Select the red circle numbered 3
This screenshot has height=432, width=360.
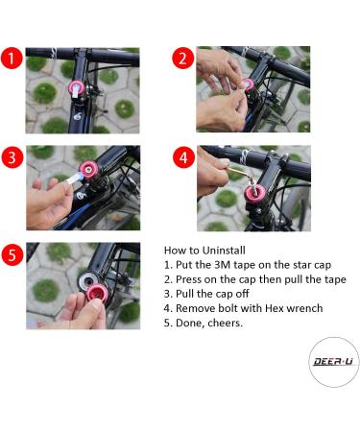tap(12, 156)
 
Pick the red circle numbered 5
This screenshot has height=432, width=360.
tap(12, 255)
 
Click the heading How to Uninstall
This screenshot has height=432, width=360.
tap(205, 248)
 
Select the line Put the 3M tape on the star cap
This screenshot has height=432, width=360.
tap(247, 263)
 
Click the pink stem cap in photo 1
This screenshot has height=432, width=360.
tap(75, 89)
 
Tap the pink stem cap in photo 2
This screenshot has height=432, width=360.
tap(249, 87)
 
